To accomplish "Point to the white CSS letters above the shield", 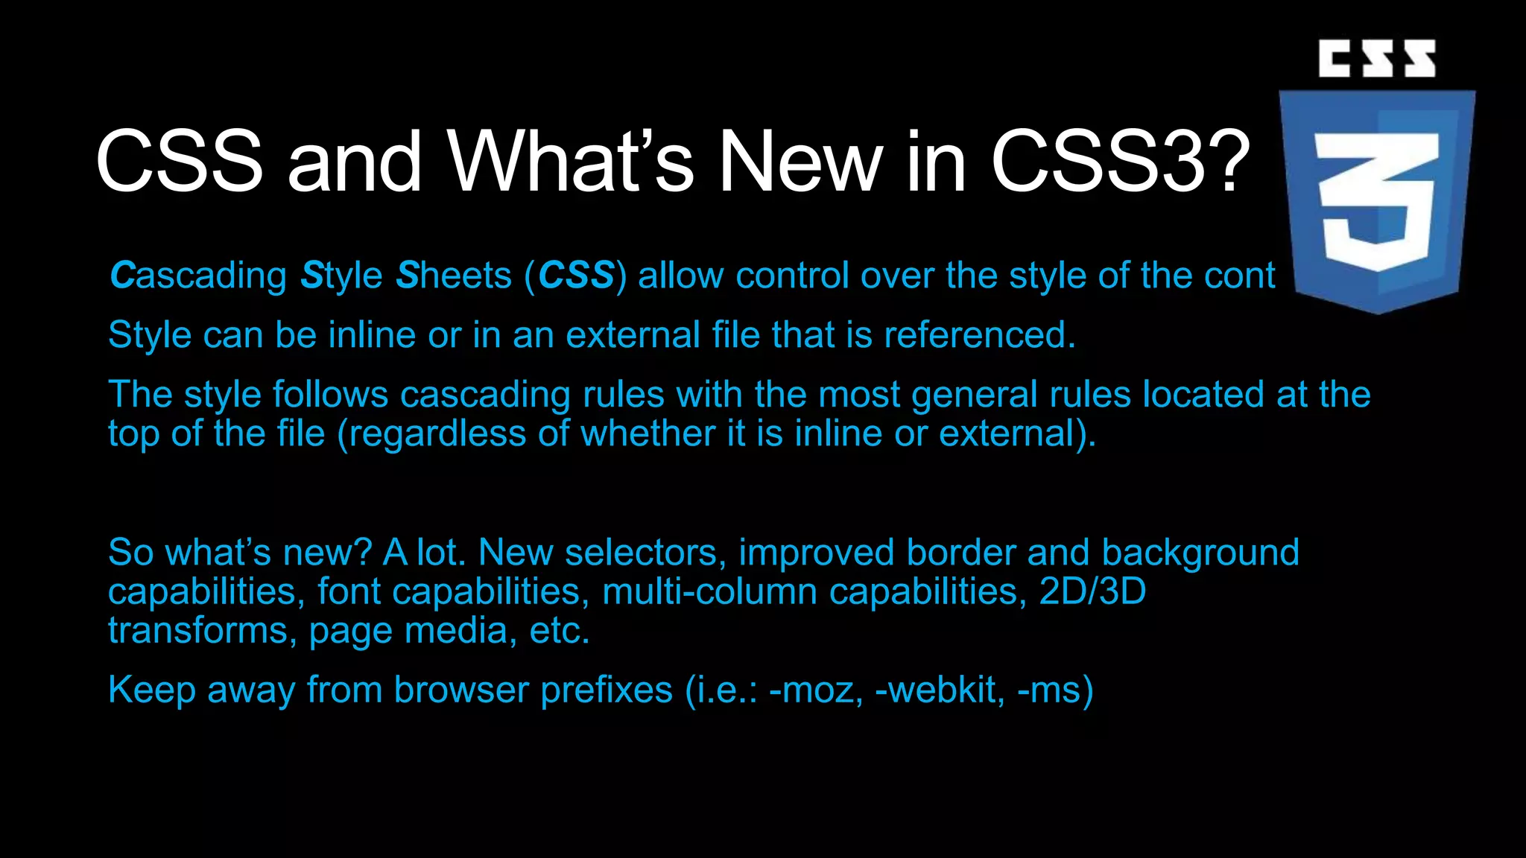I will tap(1377, 59).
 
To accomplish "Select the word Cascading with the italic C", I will tap(198, 276).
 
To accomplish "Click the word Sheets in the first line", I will tap(454, 276).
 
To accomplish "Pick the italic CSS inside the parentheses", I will tap(576, 276).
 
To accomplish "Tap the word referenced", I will tap(980, 335).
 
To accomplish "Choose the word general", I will tap(974, 395).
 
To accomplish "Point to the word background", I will tap(1200, 553).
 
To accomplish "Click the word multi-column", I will tap(709, 592).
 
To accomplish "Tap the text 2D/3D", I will tap(1092, 592).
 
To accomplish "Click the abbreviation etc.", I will tap(560, 631).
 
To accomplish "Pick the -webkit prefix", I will tap(936, 690).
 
